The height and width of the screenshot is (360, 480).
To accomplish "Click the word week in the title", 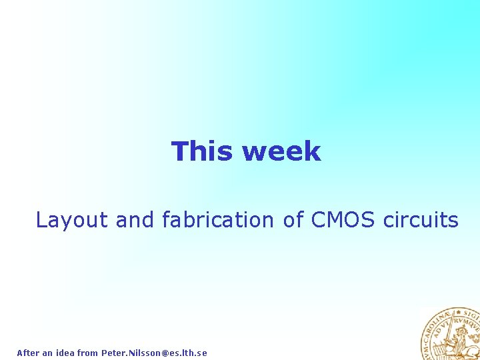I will [x=281, y=151].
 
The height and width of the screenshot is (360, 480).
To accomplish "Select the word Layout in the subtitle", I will [x=71, y=219].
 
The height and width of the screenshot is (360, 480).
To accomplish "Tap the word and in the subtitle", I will [x=135, y=219].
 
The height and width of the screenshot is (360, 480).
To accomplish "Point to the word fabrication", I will [x=217, y=219].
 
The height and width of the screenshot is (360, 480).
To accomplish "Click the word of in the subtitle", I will [x=293, y=219].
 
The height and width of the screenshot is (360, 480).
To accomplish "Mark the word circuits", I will [x=421, y=219].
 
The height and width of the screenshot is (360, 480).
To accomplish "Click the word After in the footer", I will [x=28, y=353].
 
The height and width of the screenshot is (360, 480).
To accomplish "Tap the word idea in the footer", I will [x=65, y=353].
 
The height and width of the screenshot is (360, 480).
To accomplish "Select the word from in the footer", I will [x=87, y=353].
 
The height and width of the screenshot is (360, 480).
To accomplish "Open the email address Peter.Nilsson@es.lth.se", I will [x=154, y=353].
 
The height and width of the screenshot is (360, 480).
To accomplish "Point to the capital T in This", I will [x=179, y=151].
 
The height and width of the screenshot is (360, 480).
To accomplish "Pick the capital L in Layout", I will [x=40, y=219].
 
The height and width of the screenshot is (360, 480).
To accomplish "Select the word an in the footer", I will [x=47, y=353].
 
